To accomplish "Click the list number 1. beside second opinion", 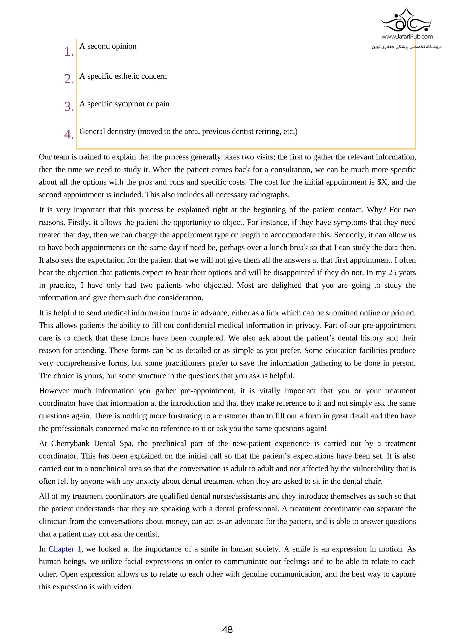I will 69,52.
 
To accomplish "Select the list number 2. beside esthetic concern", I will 69,79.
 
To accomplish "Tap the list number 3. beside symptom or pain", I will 69,106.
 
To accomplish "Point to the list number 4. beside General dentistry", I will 69,134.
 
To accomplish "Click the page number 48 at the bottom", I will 227,630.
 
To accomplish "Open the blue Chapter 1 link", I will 65,549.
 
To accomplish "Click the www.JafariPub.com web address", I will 407,36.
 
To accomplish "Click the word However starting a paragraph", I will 54,391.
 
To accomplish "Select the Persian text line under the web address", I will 406,47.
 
